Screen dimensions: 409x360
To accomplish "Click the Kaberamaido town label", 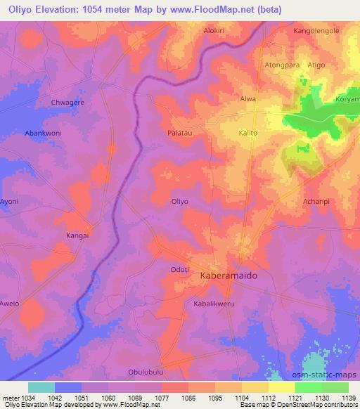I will click(229, 276).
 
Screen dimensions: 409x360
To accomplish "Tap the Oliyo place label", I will click(180, 201).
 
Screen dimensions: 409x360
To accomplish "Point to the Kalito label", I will click(248, 132).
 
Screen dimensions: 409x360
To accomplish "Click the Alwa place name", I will click(248, 99).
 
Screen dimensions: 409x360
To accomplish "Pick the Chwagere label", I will click(67, 103).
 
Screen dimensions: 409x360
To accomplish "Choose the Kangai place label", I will click(77, 235).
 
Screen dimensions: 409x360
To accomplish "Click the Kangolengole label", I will click(316, 32).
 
